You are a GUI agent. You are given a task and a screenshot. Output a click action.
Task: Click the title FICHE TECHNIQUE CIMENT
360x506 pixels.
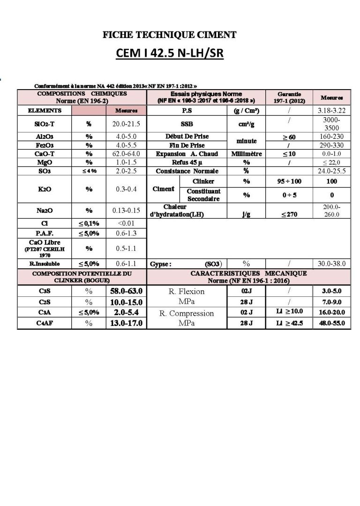pyautogui.click(x=170, y=34)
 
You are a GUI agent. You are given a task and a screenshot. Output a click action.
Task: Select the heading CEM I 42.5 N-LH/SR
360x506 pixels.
pyautogui.click(x=169, y=54)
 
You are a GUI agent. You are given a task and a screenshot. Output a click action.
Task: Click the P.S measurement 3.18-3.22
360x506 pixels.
pyautogui.click(x=331, y=111)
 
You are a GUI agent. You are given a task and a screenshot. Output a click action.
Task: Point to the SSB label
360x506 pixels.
pyautogui.click(x=187, y=124)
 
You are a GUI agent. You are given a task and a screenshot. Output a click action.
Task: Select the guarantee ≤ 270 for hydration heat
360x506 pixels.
pyautogui.click(x=289, y=214)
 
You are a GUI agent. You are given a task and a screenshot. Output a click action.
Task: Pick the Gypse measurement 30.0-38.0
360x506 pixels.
pyautogui.click(x=331, y=264)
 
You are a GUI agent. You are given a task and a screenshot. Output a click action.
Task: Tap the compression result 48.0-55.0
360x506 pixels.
pyautogui.click(x=331, y=324)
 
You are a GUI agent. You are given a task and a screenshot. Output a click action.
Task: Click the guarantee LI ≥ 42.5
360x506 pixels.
pyautogui.click(x=289, y=324)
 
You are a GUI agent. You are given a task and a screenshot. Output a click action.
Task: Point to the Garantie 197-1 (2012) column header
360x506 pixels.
pyautogui.click(x=289, y=98)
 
